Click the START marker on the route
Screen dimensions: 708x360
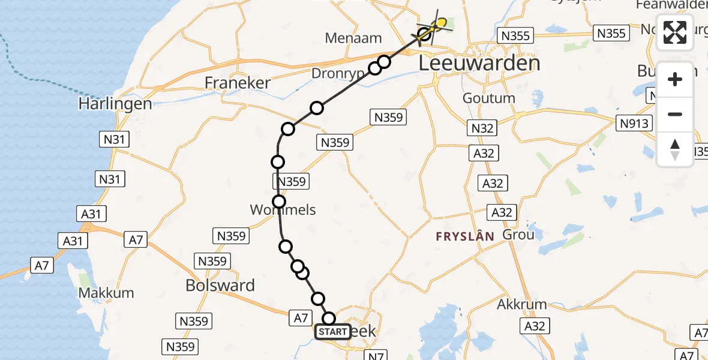click(332, 332)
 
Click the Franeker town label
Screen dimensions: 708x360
click(238, 83)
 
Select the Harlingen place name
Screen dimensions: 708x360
click(115, 104)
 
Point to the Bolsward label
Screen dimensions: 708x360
click(220, 285)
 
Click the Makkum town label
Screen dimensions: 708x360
click(106, 293)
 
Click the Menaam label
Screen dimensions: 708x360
click(353, 38)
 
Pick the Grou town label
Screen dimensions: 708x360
click(518, 234)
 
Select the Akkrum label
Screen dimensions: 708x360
click(522, 304)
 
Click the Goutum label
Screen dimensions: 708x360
click(489, 98)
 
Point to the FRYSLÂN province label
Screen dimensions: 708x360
click(466, 236)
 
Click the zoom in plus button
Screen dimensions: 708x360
click(675, 79)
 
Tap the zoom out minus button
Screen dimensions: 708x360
click(675, 114)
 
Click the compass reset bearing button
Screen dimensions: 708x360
click(675, 149)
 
